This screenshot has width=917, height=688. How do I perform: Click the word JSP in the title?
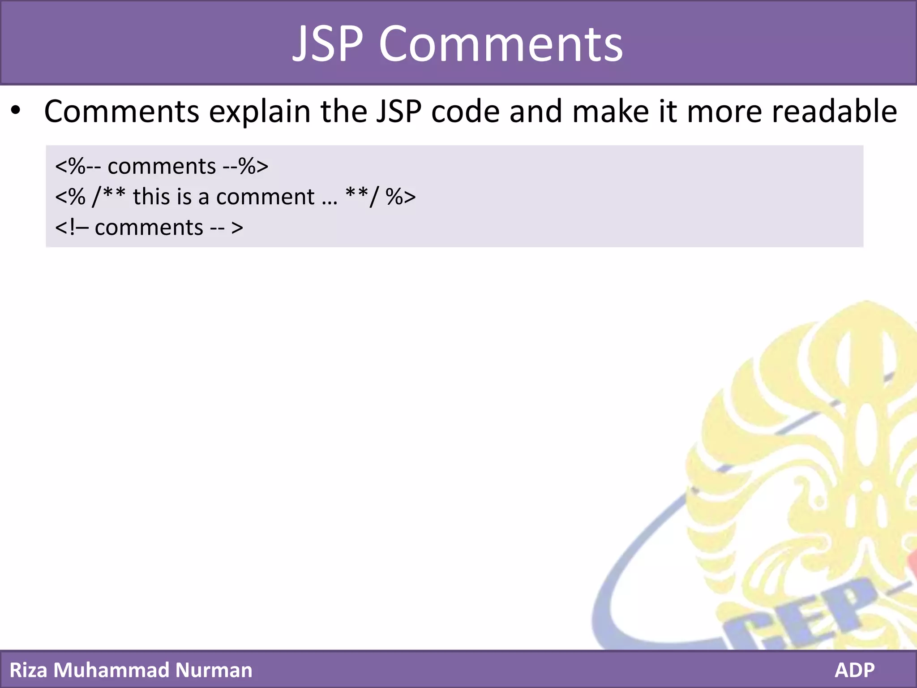327,44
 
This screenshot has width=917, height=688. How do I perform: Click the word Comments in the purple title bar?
501,44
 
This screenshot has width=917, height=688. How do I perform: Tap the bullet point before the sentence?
16,111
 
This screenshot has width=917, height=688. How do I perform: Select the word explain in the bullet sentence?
260,112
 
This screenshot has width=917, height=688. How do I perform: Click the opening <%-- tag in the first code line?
78,167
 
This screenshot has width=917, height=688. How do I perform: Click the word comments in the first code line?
162,167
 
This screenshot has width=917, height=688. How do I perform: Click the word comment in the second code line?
265,197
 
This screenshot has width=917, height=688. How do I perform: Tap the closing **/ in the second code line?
362,197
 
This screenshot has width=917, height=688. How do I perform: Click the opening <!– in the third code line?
72,228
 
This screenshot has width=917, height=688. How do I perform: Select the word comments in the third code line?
149,228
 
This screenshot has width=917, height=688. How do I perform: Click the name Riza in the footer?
28,670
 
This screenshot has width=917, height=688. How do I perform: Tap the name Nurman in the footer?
214,670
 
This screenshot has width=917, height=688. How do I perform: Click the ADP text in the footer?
854,670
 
